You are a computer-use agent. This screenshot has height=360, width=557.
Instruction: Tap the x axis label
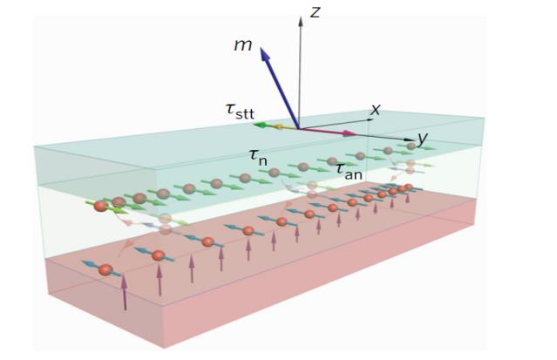click(x=376, y=110)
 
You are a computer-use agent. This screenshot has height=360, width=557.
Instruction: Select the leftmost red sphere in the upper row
click(x=100, y=206)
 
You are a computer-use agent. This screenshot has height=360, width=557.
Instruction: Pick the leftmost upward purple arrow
click(x=125, y=291)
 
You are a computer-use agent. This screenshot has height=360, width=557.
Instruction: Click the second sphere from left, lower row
click(x=158, y=255)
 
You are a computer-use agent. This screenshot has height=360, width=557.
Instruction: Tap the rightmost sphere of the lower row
click(x=408, y=187)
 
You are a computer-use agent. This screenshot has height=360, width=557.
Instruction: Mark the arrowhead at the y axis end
click(x=410, y=139)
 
